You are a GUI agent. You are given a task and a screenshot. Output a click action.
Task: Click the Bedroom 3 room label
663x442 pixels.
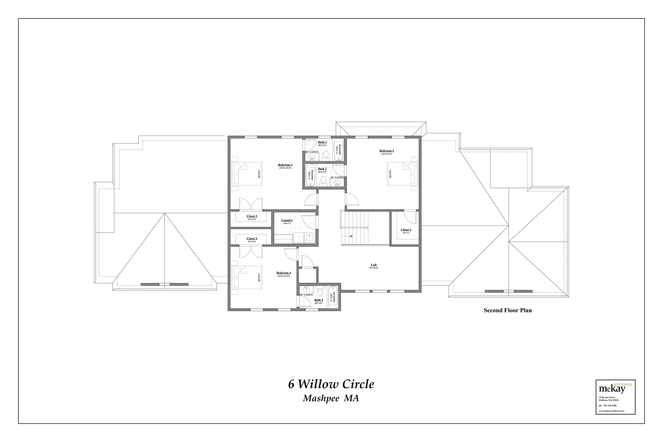[x=285, y=165]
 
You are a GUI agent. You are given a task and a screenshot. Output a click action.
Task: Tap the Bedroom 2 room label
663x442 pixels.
[x=387, y=151]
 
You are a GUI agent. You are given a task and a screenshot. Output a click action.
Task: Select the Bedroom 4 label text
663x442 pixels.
[x=283, y=273]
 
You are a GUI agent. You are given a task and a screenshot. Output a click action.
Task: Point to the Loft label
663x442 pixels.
[x=373, y=265]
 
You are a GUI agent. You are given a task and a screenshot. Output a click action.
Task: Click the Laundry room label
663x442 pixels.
[x=287, y=220]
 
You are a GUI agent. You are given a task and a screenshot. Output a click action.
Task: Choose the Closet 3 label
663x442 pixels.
[x=252, y=216]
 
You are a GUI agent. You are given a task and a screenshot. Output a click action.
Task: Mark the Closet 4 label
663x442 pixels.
[x=252, y=238]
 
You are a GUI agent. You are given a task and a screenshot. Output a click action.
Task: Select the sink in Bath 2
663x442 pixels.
[x=337, y=183]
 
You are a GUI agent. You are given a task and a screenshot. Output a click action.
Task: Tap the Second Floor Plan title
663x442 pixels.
[x=507, y=310]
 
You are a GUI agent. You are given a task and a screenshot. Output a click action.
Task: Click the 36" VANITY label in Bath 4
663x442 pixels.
[x=306, y=295]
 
